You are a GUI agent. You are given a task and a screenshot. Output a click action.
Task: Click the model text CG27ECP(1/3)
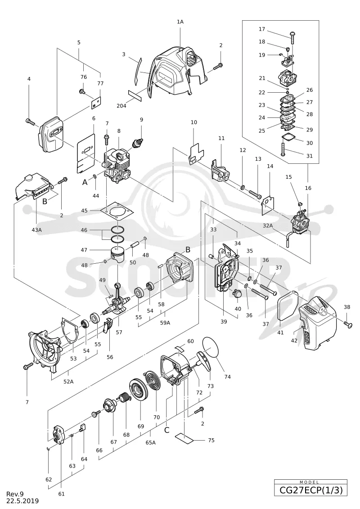click(310, 490)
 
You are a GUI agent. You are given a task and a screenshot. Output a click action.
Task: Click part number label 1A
click(180, 22)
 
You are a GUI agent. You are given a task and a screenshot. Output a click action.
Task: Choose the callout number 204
click(122, 105)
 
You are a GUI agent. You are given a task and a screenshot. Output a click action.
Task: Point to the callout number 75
click(211, 440)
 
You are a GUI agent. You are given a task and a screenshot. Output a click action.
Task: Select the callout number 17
click(261, 29)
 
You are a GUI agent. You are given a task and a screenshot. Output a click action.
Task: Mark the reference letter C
click(167, 430)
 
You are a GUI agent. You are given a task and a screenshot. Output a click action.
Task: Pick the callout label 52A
click(68, 382)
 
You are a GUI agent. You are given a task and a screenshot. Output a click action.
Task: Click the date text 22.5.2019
click(22, 501)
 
